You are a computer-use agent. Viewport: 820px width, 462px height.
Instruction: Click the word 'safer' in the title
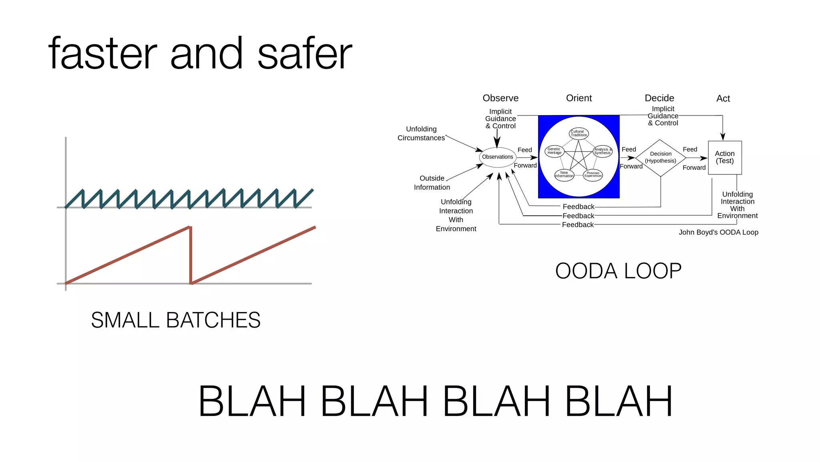304,54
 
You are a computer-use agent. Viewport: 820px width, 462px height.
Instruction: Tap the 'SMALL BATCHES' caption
175,320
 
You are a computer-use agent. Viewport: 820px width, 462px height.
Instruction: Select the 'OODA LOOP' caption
618,271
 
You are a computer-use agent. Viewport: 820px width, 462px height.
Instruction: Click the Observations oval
497,157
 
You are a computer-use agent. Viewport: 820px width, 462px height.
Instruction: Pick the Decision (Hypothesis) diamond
661,158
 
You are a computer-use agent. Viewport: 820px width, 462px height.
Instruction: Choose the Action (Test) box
725,157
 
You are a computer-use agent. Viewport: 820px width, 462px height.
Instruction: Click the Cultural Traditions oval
579,133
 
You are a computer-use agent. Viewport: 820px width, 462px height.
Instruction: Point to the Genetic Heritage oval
555,151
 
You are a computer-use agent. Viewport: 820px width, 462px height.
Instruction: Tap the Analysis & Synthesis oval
603,152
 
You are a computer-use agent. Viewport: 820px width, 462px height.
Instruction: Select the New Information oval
564,174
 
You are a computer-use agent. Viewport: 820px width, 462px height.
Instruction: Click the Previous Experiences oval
593,174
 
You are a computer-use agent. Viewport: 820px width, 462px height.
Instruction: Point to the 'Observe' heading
500,98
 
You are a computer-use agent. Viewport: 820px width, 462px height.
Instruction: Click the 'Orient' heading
579,98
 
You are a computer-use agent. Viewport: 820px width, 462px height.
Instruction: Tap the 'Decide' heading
659,98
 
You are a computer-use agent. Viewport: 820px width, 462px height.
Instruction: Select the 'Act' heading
723,99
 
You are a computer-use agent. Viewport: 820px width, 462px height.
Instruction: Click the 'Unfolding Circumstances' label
421,134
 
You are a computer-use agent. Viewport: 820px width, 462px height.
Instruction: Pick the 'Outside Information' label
432,183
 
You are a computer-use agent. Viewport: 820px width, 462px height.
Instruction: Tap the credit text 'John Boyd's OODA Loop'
718,233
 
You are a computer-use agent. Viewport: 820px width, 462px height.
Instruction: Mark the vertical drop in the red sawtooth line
191,255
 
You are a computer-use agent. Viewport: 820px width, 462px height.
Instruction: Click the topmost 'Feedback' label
578,207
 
